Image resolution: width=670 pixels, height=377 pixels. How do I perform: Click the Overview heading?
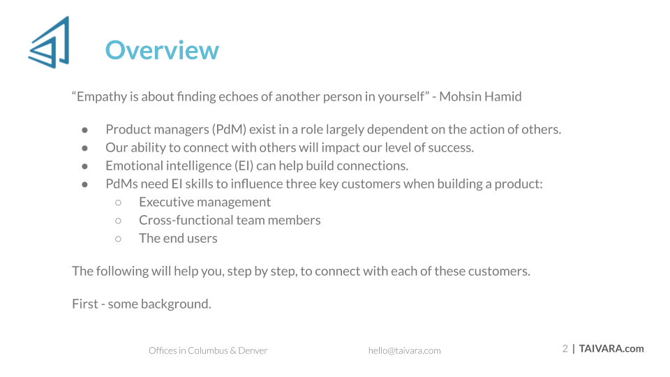[x=162, y=50]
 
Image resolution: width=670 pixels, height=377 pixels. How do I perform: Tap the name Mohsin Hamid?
[x=480, y=96]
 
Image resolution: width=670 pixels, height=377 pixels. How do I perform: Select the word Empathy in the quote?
[x=102, y=97]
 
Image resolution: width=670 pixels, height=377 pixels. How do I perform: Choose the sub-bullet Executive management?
[x=204, y=202]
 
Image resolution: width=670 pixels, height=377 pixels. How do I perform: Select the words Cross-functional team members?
[x=230, y=220]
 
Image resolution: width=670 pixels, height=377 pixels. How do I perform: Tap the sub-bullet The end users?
[x=178, y=239]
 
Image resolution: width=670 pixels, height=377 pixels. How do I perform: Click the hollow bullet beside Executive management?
[x=119, y=202]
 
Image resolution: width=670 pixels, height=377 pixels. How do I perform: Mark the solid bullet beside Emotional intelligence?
[x=85, y=166]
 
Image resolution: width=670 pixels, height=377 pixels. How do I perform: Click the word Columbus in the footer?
[x=208, y=351]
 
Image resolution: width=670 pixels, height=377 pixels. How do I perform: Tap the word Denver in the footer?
[x=253, y=351]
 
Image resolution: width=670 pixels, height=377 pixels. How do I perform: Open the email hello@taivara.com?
[x=404, y=351]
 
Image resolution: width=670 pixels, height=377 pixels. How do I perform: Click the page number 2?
[x=565, y=349]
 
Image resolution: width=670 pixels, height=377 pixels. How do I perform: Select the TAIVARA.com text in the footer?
[x=611, y=349]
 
